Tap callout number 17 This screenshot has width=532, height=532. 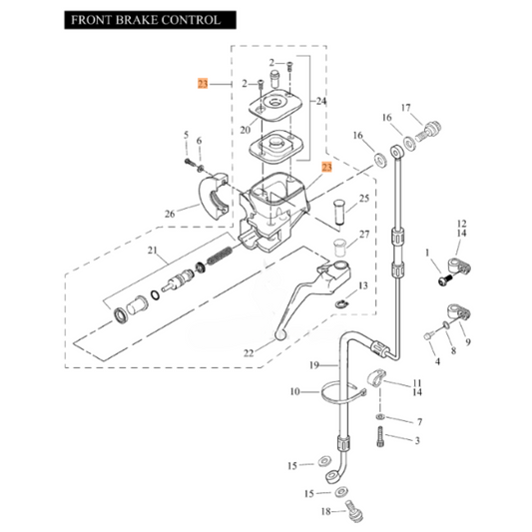406,107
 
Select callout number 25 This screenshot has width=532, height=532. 364,200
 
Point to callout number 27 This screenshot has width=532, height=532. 364,236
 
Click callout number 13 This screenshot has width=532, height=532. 362,286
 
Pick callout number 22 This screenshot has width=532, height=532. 248,351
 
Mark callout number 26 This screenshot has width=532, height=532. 169,213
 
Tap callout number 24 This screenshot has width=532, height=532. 321,101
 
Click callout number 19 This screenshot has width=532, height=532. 311,364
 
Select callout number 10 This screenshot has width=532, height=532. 295,392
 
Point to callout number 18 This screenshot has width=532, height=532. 325,511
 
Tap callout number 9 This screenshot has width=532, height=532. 471,344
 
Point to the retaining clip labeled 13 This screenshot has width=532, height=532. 341,303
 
